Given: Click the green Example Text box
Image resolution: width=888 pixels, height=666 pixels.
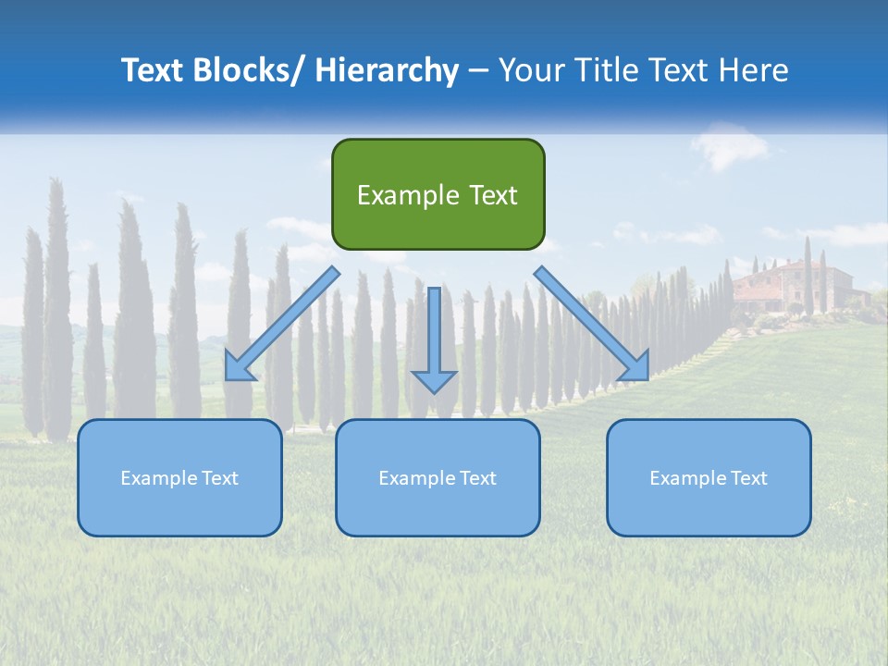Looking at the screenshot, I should tap(438, 194).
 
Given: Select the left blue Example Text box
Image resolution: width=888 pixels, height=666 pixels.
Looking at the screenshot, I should tap(179, 477).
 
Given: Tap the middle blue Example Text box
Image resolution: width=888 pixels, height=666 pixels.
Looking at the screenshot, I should tap(438, 477).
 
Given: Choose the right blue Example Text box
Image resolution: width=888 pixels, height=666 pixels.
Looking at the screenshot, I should tap(709, 477).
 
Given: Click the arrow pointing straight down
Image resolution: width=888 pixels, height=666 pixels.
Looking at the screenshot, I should tap(434, 338).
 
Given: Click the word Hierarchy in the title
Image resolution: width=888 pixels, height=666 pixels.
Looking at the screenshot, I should tap(387, 70).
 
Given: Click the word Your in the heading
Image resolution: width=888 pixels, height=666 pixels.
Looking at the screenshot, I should tap(532, 70).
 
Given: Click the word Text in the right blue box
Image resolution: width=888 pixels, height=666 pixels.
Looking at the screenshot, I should tap(749, 477).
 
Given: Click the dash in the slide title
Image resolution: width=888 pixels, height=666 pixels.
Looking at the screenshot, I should tap(478, 70).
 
